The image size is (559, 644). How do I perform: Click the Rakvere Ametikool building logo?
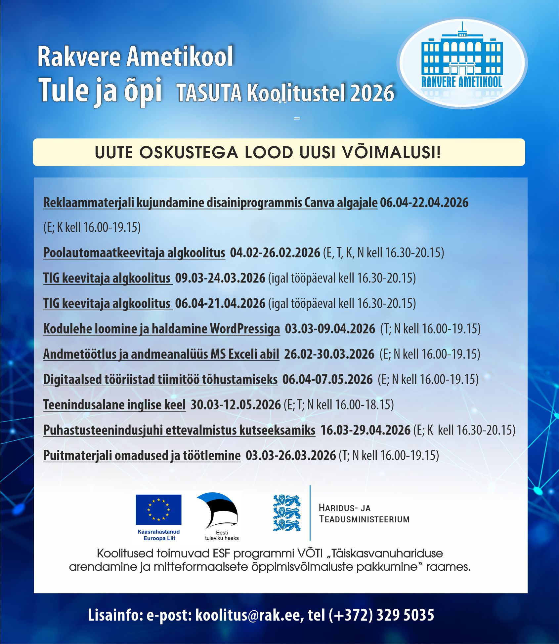coord(462,63)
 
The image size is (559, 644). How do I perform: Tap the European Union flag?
coord(158,510)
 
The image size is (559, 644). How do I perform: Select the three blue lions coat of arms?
coord(286,513)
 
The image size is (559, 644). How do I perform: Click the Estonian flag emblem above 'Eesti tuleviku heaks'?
coord(218,511)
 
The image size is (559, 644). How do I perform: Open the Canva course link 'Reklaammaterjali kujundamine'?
coord(210,203)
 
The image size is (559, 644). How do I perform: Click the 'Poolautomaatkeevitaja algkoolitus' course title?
coord(134,253)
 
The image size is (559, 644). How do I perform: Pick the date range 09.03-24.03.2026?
coord(220,278)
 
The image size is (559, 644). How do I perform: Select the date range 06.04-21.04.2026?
coord(220,303)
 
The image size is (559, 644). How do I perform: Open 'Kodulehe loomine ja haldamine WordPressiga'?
coord(161,329)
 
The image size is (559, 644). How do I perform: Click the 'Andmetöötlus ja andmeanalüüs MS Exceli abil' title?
coord(161,354)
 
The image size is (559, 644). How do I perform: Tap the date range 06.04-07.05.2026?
coord(327,379)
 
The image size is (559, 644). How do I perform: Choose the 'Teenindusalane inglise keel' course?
coord(114,405)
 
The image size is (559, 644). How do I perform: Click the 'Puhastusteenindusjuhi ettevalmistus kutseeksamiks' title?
coord(179,430)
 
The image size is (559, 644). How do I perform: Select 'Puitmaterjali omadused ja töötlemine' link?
coord(142,456)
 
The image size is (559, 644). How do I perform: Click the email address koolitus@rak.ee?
coord(248,615)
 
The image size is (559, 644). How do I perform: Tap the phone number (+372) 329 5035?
coord(381,615)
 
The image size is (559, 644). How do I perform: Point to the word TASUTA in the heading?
coord(209,93)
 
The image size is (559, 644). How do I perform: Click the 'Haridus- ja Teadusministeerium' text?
coord(364,513)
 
